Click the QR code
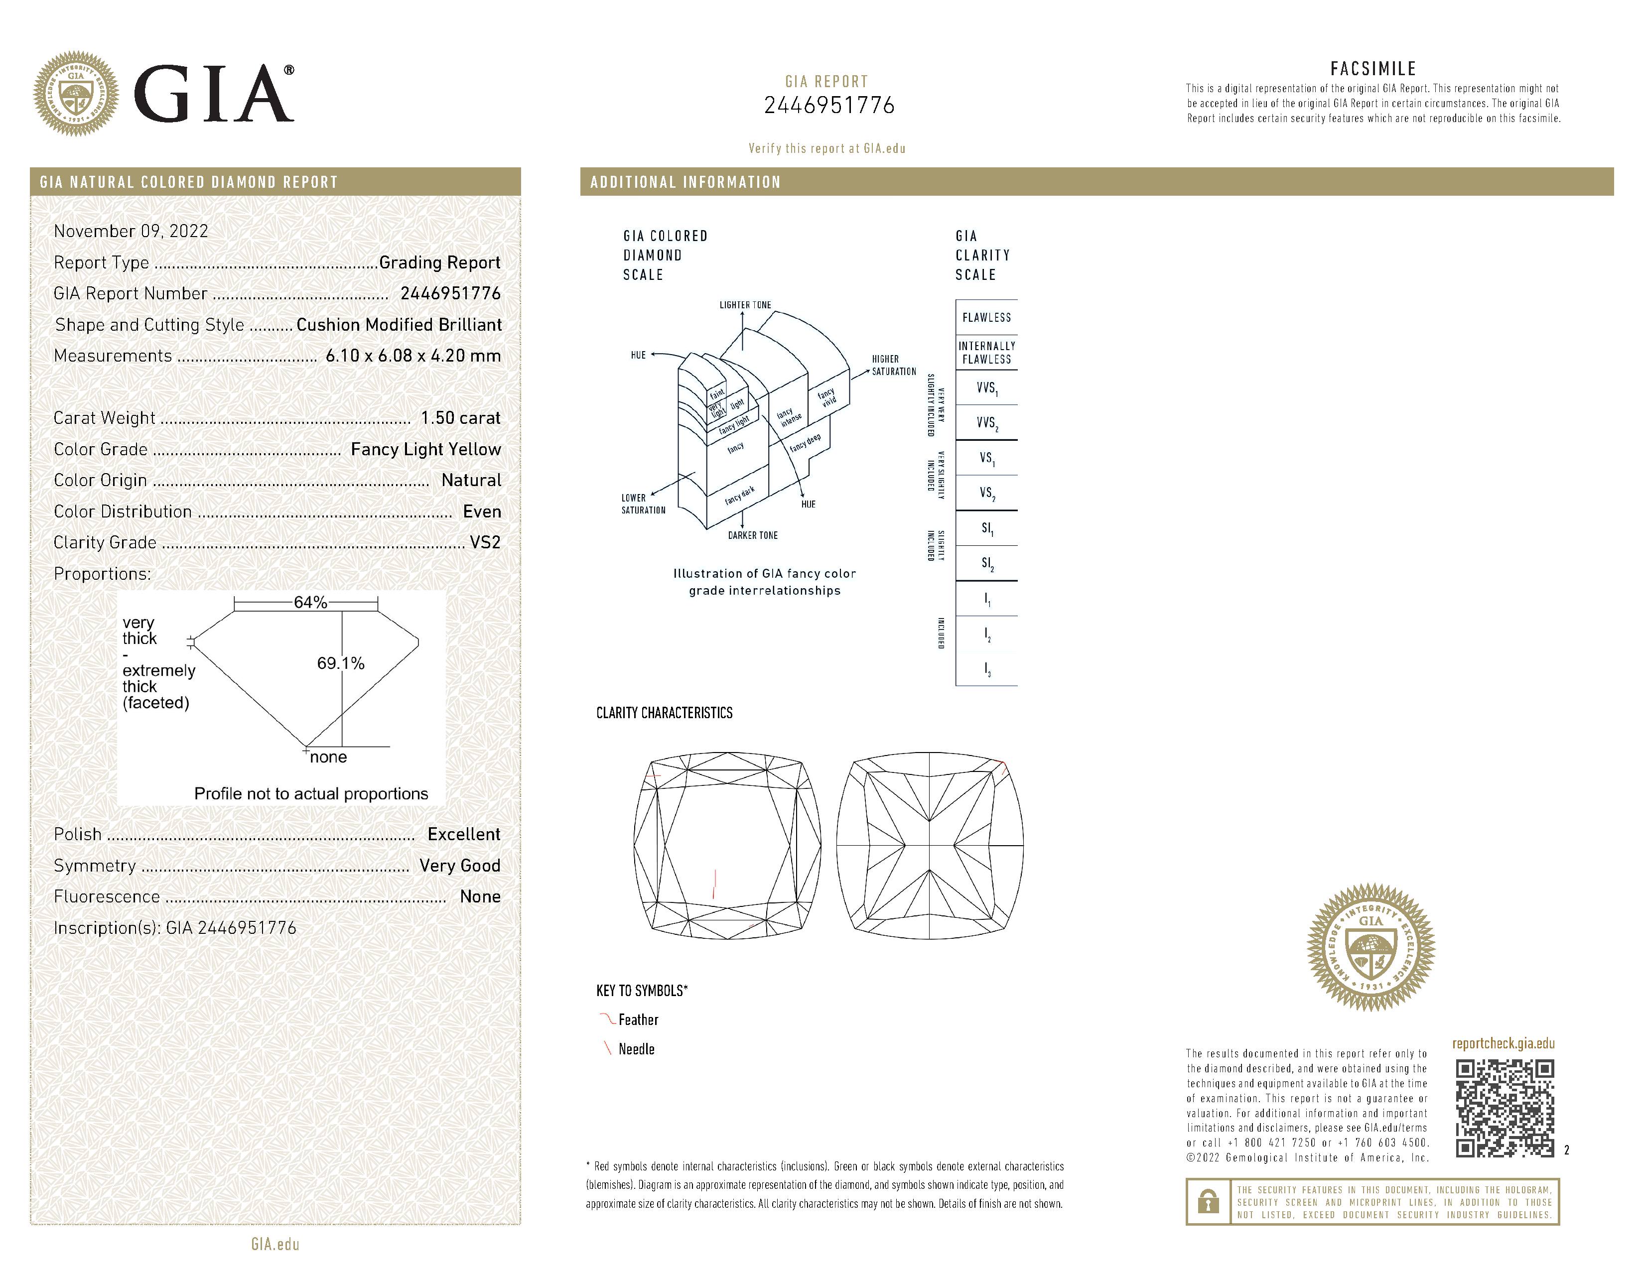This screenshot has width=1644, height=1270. (x=1504, y=1108)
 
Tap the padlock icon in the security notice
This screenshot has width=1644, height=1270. (x=1208, y=1202)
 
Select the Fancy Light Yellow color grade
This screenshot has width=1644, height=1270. (x=425, y=449)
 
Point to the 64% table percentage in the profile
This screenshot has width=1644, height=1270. (x=310, y=603)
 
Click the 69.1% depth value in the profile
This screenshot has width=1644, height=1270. (x=340, y=663)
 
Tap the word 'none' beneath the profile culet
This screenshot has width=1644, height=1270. (x=328, y=757)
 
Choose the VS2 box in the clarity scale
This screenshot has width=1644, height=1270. (x=986, y=493)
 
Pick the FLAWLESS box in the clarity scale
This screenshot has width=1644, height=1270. (x=986, y=318)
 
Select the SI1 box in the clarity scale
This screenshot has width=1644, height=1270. (x=986, y=528)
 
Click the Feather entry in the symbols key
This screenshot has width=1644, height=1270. (x=638, y=1020)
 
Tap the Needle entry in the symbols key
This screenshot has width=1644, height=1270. (x=636, y=1049)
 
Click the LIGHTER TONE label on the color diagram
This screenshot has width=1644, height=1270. (x=745, y=305)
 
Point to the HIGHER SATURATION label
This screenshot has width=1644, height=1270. (x=894, y=365)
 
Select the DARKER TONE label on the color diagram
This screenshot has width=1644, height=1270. (x=753, y=535)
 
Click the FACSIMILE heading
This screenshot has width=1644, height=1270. (x=1373, y=68)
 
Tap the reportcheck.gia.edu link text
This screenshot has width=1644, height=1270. (x=1503, y=1043)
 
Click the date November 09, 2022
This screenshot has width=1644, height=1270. (x=131, y=231)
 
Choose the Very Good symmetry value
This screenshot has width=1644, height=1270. (x=460, y=865)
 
